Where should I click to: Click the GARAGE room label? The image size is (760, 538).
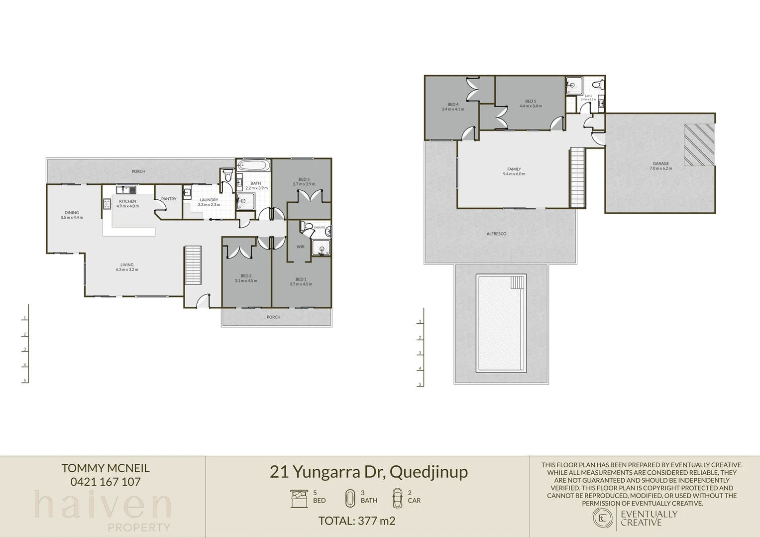[660, 163]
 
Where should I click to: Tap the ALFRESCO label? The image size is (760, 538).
[496, 234]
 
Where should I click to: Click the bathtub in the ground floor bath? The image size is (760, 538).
[253, 165]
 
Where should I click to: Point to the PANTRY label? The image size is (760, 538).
[169, 199]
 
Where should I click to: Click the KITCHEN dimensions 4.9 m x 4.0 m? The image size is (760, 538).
[128, 206]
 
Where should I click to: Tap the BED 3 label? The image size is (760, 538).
[304, 179]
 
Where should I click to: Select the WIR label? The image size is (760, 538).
[301, 247]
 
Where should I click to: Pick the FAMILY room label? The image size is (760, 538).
[514, 169]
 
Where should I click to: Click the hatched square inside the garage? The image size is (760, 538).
[699, 145]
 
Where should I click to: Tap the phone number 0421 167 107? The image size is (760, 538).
[106, 482]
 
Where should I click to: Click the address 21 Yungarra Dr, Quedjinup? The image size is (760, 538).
[369, 471]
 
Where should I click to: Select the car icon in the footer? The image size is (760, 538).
[397, 497]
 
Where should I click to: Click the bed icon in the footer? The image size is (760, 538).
[299, 498]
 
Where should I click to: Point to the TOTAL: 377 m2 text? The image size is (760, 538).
[357, 521]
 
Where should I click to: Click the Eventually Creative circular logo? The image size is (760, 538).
[603, 518]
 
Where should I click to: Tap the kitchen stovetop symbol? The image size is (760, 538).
[107, 203]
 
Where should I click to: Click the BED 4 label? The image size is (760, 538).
[453, 105]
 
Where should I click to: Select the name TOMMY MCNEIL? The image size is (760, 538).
[106, 468]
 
